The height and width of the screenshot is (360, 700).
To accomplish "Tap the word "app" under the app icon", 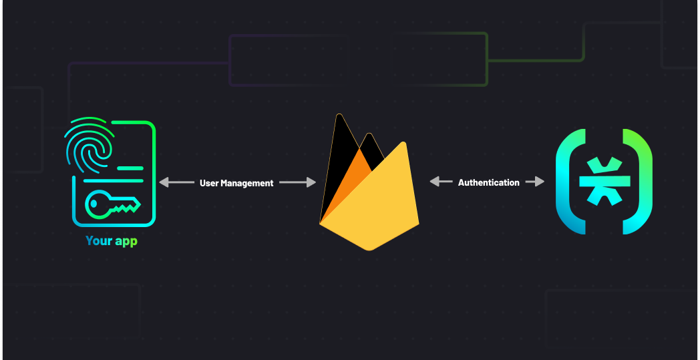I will tap(126, 242).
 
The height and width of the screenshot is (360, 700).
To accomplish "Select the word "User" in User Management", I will tap(210, 183).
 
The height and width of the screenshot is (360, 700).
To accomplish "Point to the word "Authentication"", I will tap(488, 182).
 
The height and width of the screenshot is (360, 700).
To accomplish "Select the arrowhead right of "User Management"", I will tap(311, 182).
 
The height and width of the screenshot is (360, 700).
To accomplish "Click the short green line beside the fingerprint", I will tap(130, 167).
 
